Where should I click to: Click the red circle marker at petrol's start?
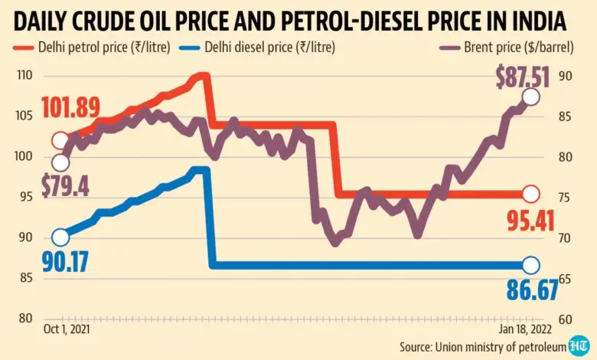(x=60, y=140)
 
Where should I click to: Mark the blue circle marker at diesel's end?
(x=530, y=265)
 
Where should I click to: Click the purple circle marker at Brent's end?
(x=530, y=97)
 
